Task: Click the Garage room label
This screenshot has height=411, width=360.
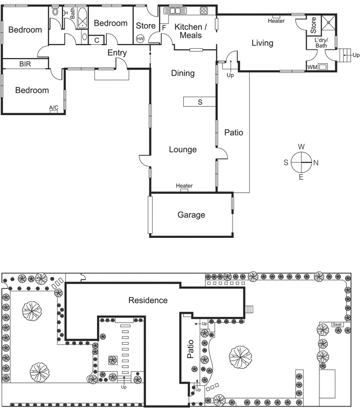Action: [x=191, y=215]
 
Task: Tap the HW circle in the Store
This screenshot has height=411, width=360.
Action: [x=140, y=39]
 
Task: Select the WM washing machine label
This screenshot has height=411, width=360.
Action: [x=312, y=67]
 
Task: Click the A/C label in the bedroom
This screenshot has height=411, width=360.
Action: [x=54, y=107]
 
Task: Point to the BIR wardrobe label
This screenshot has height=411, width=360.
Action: [x=25, y=64]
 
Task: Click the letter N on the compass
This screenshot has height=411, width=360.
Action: [x=316, y=163]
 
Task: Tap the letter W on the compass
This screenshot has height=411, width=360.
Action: [x=301, y=146]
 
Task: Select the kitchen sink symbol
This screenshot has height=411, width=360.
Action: [x=175, y=11]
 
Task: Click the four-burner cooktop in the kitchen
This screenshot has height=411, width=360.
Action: [x=204, y=11]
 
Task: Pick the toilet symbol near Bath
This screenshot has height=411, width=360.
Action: [x=55, y=12]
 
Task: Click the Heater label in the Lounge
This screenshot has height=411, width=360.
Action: [x=184, y=185]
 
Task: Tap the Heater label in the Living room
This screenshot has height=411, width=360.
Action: [x=276, y=21]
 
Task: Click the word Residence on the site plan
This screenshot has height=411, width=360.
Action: [x=148, y=300]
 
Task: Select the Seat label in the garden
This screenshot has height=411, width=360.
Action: [x=337, y=325]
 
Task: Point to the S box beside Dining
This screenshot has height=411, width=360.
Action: [x=200, y=102]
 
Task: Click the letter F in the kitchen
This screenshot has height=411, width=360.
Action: [x=164, y=28]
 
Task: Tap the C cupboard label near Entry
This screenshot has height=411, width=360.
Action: [x=97, y=40]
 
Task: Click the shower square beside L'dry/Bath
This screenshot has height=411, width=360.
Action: [x=328, y=23]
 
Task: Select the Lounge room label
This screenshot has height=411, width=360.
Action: [x=183, y=150]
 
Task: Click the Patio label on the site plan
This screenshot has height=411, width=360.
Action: [x=191, y=349]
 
